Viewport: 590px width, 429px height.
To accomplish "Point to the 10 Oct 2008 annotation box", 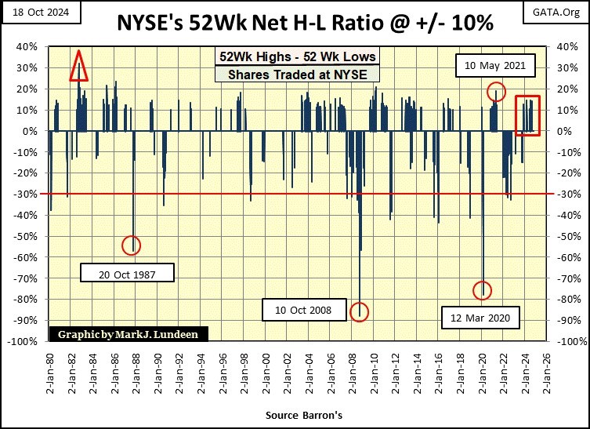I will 302,311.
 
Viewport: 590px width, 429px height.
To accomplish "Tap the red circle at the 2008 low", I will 360,311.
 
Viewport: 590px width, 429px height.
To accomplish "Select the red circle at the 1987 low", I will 132,245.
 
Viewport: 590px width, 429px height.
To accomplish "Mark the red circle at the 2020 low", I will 483,290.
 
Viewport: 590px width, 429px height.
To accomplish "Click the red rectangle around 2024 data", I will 527,115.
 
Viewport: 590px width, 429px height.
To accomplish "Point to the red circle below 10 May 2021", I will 495,92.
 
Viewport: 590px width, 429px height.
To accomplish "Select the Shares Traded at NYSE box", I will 297,75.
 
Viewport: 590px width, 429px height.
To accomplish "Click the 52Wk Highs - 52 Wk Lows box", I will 297,56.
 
